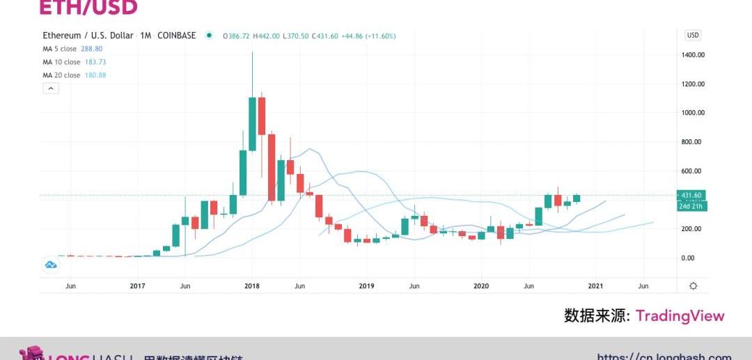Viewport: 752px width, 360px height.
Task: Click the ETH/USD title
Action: point(88,8)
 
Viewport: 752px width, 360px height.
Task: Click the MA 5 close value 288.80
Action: point(93,49)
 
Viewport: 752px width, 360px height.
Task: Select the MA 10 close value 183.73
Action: point(95,62)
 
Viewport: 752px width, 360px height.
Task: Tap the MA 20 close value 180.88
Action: point(95,75)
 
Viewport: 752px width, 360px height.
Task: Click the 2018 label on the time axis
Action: point(251,286)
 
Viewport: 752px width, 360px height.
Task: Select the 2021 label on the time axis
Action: point(595,286)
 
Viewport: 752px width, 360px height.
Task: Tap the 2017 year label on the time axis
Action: point(137,286)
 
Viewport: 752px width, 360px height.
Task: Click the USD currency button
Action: point(693,36)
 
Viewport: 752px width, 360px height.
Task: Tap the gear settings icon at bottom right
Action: point(693,286)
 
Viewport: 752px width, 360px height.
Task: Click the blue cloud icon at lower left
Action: point(51,265)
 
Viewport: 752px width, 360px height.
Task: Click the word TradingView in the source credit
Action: point(680,316)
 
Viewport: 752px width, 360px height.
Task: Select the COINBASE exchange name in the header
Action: point(177,36)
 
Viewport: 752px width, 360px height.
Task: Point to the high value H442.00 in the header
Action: point(266,36)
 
